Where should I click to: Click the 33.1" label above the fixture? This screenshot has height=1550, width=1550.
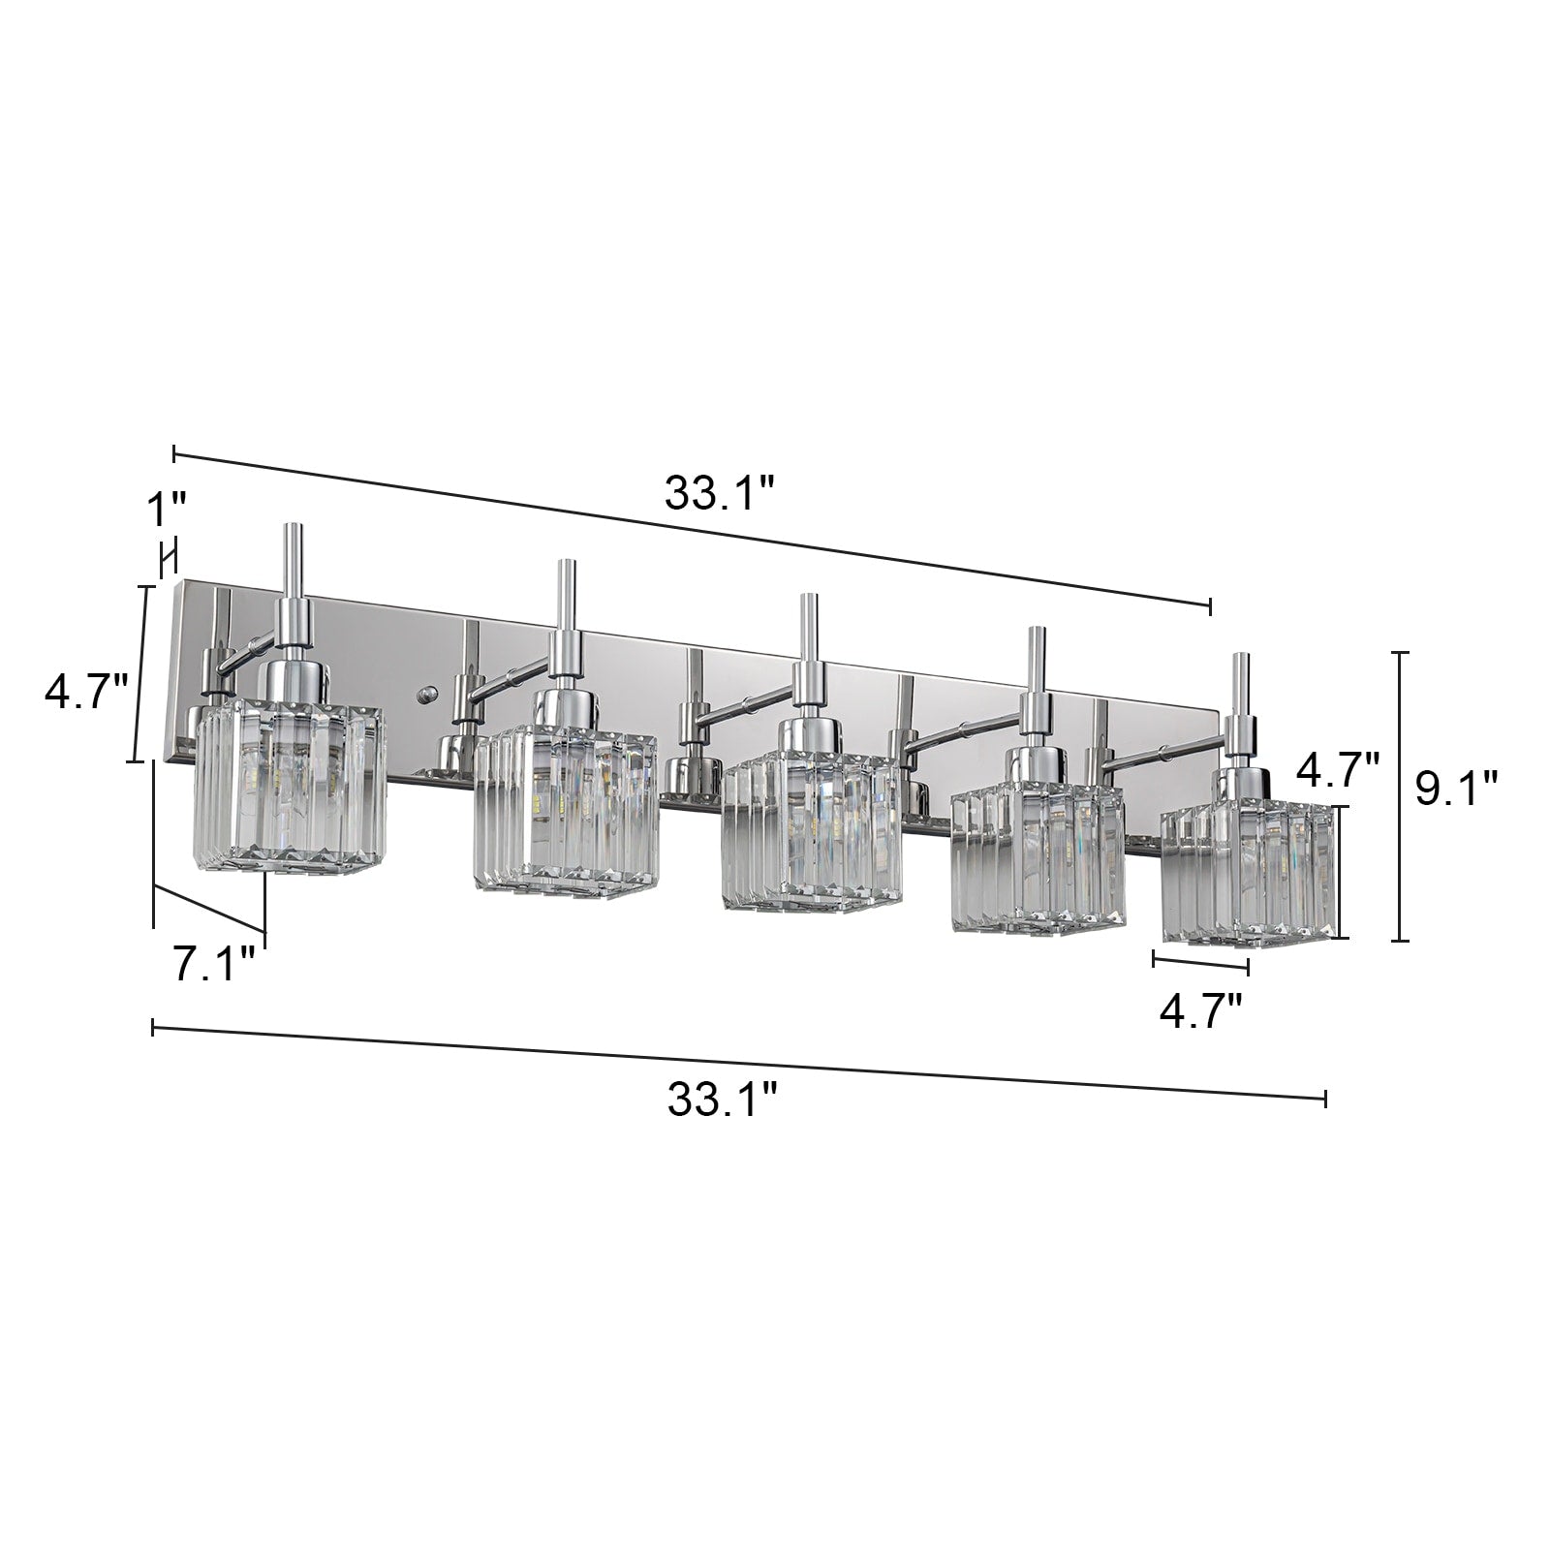coord(720,495)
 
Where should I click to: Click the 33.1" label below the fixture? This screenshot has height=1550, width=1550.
coord(723,1100)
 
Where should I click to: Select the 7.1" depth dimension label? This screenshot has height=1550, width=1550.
coord(215,966)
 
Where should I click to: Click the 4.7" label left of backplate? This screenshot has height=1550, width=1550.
coord(86,693)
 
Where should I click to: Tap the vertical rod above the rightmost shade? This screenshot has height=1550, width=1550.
coord(1238,687)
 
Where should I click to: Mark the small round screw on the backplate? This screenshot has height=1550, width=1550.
coord(423,694)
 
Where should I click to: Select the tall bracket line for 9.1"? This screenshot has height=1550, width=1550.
coord(1399,796)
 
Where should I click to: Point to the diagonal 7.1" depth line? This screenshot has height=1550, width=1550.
coord(209,910)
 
